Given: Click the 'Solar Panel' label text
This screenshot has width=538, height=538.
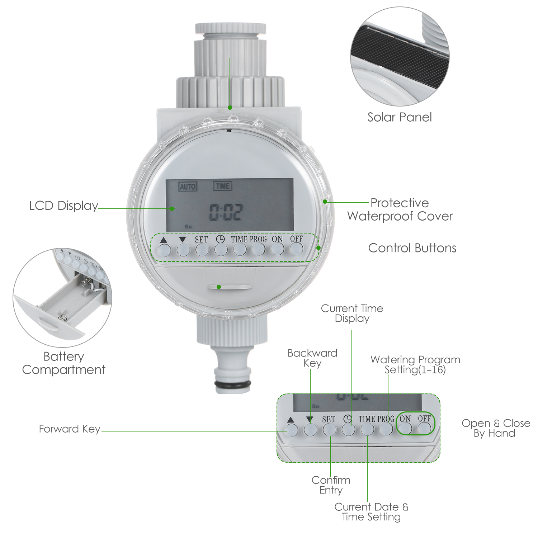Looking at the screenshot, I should pos(400,117).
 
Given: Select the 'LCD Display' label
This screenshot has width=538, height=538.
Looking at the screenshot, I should pos(63,206).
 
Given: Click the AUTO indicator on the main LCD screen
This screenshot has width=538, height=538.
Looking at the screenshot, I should pos(188,187).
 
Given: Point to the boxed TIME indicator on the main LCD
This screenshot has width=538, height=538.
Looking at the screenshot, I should pos(222,186).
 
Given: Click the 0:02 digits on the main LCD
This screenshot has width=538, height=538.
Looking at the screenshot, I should pos(226,212).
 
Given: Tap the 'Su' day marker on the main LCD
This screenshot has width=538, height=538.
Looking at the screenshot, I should pos(188,227).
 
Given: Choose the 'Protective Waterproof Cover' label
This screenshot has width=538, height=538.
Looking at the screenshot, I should pos(400,209).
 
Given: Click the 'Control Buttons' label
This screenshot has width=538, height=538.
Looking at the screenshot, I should pos(412,248).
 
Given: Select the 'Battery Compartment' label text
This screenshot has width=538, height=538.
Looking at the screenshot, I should pos(63,363).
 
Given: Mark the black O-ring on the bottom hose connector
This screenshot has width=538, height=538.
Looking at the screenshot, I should pos(233,386).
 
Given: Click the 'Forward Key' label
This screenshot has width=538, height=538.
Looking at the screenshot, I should pos(69,429).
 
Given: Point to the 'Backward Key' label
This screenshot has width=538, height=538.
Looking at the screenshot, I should pos(312,358).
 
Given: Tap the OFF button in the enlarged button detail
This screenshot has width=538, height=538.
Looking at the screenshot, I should pos(424,428).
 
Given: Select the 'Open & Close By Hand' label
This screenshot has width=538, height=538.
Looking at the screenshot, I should pos(495,428).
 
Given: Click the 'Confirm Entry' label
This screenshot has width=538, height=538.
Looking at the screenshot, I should pos(331,485).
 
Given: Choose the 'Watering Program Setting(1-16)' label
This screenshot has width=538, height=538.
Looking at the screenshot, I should pos(415,364).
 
